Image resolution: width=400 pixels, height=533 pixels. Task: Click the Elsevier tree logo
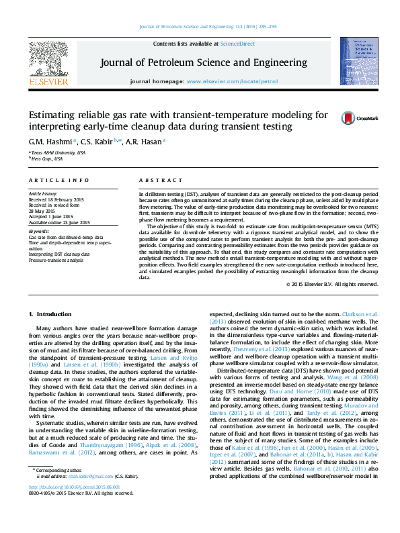[48, 60]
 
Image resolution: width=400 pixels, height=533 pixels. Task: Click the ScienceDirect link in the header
[237, 44]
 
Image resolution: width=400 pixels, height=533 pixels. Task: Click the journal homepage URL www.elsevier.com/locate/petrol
[232, 81]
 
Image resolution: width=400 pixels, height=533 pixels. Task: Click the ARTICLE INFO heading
[58, 181]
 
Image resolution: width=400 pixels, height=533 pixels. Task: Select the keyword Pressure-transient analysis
[56, 260]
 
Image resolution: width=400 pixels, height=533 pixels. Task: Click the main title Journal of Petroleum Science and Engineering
[204, 63]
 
